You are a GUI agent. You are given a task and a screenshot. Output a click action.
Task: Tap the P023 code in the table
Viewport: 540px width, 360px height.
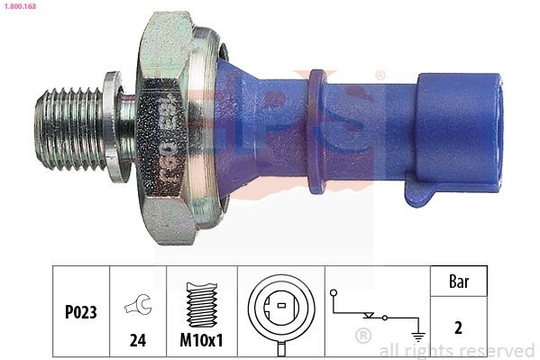point(79,311)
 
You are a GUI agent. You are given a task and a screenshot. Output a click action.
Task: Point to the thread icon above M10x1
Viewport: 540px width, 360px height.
point(203,300)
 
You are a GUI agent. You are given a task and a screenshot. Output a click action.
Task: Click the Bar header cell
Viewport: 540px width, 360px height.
point(458,282)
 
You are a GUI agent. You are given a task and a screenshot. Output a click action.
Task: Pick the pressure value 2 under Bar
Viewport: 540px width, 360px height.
point(458,328)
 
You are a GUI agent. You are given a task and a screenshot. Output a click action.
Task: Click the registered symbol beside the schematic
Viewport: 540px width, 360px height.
point(363,336)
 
